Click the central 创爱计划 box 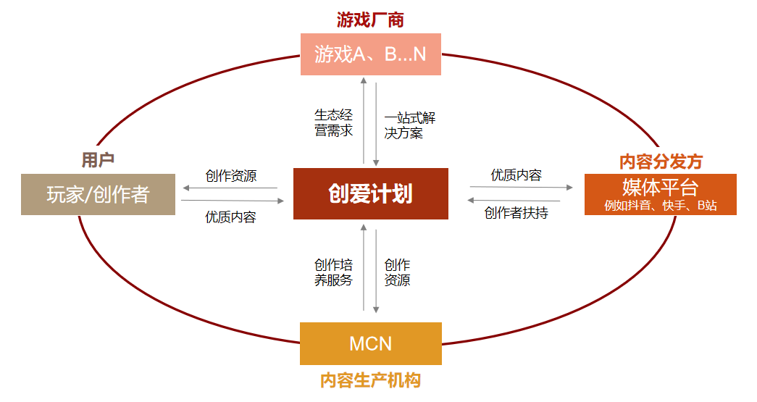pos(370,193)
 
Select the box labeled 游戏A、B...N pos(370,54)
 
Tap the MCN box pos(370,343)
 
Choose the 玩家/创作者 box pos(98,194)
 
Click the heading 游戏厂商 pos(370,20)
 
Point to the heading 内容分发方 pos(661,161)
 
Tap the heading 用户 pos(98,160)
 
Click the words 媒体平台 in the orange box pos(660,188)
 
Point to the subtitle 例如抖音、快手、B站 pos(660,206)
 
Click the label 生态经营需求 pos(334,122)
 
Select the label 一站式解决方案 pos(410,125)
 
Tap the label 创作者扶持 pos(516,213)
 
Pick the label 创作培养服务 pos(334,272)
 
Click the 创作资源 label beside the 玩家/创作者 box pos(230,175)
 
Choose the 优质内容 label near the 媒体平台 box pos(516,175)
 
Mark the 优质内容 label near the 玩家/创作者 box pos(230,217)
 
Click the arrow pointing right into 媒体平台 pos(522,187)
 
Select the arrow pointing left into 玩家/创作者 pos(230,188)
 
